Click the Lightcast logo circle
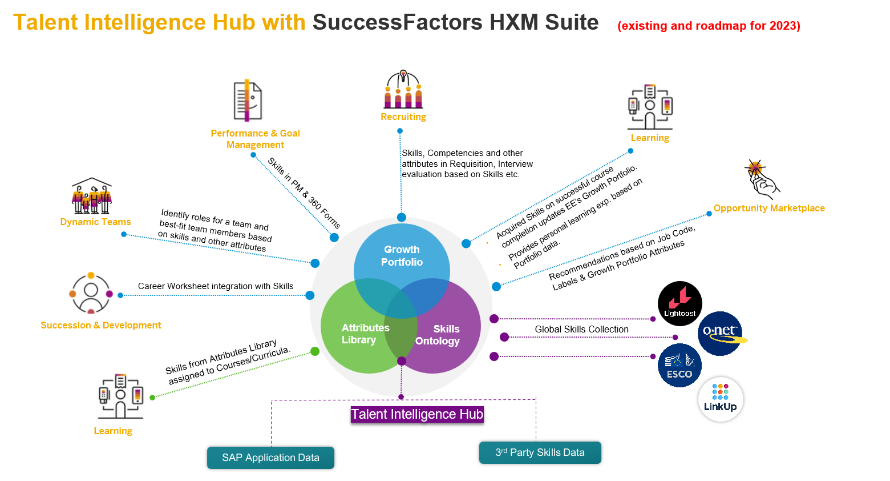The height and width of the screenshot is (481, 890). coord(679,303)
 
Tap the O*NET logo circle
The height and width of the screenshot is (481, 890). coord(720,334)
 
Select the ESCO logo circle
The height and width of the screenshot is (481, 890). coord(679,366)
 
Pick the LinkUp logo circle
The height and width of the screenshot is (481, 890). coord(721,399)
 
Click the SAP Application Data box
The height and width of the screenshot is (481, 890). coord(270,458)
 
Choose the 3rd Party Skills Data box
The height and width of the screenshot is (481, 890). coord(540,452)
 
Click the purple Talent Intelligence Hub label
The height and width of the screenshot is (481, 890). coord(417,414)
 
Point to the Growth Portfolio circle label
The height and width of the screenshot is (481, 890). coord(402,256)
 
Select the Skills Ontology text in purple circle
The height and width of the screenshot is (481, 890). coord(438,335)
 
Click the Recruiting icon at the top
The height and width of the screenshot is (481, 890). coord(403,90)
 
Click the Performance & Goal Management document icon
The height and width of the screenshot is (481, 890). coord(248,101)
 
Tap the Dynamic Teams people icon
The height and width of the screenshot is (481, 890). coord(92,197)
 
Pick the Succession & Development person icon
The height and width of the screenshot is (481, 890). coord(91,293)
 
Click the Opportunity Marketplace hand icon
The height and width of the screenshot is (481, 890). coord(761,178)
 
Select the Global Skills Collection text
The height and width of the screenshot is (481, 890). coord(581,329)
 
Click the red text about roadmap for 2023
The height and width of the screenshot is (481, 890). coord(709,26)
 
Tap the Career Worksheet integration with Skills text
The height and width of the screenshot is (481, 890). coord(216,286)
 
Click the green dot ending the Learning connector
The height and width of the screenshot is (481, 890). coord(314,351)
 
